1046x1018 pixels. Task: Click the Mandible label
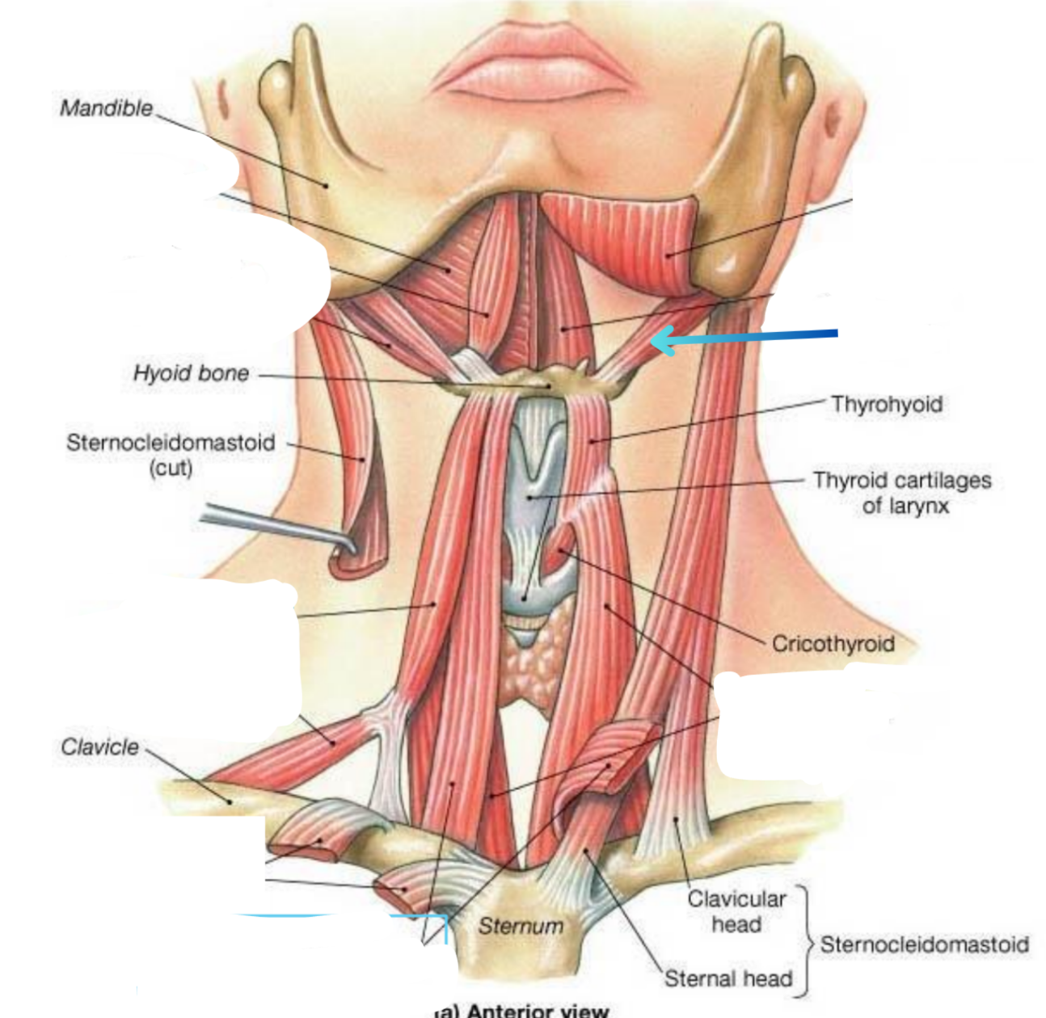coord(106,108)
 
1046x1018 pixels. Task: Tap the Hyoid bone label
coord(191,373)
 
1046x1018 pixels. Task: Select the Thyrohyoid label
coord(887,404)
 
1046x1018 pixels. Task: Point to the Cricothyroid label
coord(833,644)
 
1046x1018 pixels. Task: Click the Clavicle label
coord(99,747)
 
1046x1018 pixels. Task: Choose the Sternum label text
coord(521,926)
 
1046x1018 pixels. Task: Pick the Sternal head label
coord(728,979)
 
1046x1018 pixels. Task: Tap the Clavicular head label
coord(736,911)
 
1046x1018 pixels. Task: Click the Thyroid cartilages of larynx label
coord(902,493)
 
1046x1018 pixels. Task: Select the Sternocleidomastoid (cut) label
coord(171,454)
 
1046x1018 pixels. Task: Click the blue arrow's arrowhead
coord(659,340)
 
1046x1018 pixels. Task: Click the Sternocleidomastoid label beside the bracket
coord(925,944)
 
